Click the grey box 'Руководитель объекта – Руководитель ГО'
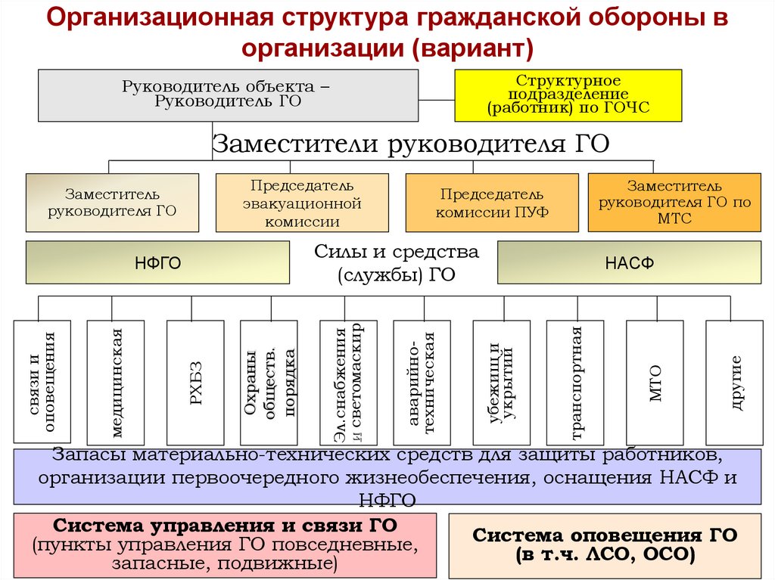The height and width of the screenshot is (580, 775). coord(228,95)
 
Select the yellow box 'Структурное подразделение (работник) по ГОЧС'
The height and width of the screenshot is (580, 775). coord(568,95)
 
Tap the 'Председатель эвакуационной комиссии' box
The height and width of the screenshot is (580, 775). coord(302,203)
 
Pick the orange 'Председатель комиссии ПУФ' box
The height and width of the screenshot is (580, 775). coord(492,203)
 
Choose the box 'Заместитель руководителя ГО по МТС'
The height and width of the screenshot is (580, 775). coord(674,203)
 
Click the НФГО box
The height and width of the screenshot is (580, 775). coord(157,262)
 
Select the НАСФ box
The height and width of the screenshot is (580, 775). coord(629,262)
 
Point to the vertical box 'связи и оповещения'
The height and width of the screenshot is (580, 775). coord(42,382)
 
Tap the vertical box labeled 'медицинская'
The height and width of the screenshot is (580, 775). coord(115,382)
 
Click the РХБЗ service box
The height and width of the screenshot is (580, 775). coord(195,382)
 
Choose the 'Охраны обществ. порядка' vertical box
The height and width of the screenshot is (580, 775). coord(269,382)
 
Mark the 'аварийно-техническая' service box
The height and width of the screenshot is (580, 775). coord(422,382)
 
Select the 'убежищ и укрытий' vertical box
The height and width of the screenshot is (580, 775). coord(501,382)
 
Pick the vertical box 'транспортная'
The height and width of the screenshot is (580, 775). coord(575,382)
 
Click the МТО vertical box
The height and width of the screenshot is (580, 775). coord(655,382)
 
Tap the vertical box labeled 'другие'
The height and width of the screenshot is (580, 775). coord(734,382)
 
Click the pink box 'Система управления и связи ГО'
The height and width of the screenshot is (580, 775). coord(226,545)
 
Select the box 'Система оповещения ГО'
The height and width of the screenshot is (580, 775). coord(605,545)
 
